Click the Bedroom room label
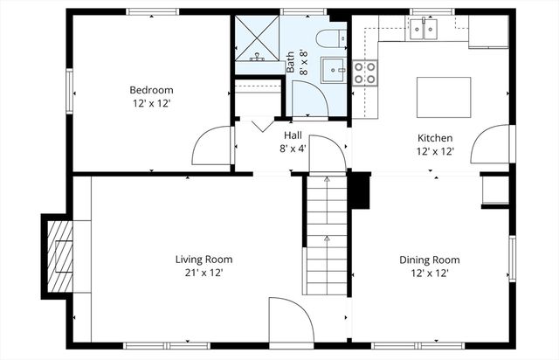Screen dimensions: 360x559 [151, 90]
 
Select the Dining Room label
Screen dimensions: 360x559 [429, 260]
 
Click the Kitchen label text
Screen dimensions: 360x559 [434, 138]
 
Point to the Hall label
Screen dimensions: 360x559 [293, 136]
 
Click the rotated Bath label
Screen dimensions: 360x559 [291, 63]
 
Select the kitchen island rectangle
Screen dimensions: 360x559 [444, 97]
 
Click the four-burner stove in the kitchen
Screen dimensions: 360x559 [364, 73]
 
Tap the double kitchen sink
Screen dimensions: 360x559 [424, 31]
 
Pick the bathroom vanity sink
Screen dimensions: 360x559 [333, 70]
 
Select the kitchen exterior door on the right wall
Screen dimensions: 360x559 [490, 145]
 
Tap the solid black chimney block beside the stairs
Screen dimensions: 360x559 [359, 190]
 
